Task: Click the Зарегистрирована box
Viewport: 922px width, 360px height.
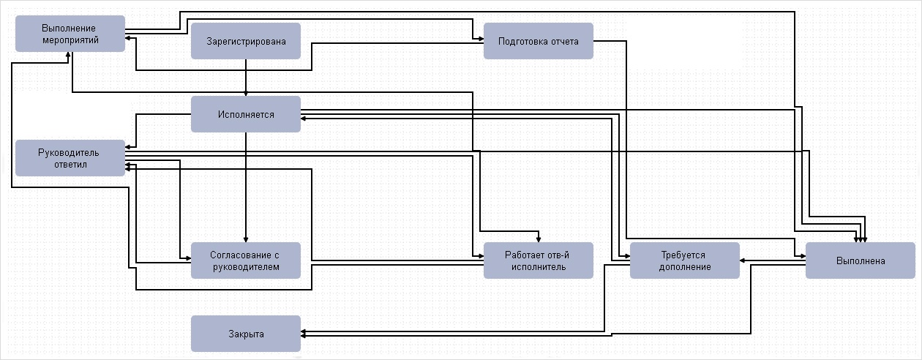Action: point(246,41)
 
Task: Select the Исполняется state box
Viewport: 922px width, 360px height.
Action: point(246,114)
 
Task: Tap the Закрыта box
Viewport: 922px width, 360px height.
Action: point(246,334)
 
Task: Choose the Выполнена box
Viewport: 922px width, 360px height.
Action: point(861,260)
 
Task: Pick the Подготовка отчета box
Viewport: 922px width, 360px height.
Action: point(539,41)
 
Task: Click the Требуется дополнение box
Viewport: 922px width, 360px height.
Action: point(685,260)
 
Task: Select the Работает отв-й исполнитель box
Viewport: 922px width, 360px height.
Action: point(539,260)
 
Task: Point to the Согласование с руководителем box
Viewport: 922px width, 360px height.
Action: point(246,260)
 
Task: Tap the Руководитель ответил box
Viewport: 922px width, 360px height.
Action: point(70,158)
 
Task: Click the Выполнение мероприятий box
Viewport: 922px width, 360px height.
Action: point(70,34)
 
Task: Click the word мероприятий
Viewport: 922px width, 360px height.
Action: point(70,40)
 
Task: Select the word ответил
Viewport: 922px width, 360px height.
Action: point(70,165)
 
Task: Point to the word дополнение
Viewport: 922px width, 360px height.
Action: point(685,267)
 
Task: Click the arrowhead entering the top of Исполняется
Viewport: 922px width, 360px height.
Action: point(246,93)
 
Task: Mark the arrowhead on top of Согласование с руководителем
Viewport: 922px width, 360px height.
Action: point(246,239)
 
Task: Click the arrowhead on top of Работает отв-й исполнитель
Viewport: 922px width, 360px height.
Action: point(539,239)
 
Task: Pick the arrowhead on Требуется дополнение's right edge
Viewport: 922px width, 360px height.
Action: point(743,260)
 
